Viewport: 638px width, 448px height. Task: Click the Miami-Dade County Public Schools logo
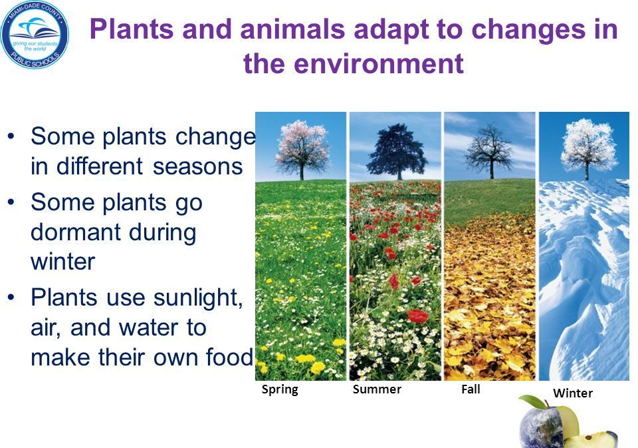[35, 34]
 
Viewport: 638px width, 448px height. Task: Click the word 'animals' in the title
[292, 29]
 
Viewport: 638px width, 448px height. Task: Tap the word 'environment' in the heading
[378, 64]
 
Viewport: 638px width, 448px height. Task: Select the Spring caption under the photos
[280, 389]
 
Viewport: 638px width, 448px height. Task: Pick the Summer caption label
[377, 389]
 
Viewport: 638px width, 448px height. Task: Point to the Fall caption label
[471, 389]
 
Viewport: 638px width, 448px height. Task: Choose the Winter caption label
[572, 393]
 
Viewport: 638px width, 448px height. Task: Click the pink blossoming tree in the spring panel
[302, 149]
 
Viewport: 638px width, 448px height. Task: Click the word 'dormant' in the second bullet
[76, 232]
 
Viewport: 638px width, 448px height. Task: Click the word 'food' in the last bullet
[229, 357]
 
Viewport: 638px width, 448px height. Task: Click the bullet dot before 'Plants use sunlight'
[11, 298]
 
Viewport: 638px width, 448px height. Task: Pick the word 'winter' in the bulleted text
[62, 262]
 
